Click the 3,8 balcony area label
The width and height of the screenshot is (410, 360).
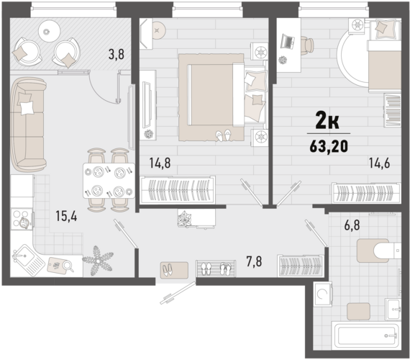(x=116, y=55)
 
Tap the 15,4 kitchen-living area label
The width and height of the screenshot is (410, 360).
(x=66, y=216)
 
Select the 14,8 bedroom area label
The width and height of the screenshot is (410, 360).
(x=160, y=163)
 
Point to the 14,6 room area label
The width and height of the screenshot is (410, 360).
(x=379, y=163)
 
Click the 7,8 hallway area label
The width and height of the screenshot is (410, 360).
(x=254, y=261)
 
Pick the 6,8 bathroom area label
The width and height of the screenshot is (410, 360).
(x=352, y=225)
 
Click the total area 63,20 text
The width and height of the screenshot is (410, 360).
(x=329, y=146)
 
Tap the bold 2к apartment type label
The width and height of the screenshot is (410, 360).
(x=327, y=120)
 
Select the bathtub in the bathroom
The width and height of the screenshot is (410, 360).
(x=365, y=336)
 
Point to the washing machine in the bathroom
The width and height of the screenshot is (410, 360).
(x=323, y=294)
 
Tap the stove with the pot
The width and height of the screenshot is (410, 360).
(x=22, y=219)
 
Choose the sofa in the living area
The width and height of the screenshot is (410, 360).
(x=28, y=125)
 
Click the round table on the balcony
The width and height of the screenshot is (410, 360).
(x=50, y=32)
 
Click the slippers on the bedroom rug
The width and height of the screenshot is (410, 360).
(x=223, y=135)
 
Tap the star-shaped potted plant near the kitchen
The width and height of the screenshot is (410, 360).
(x=98, y=261)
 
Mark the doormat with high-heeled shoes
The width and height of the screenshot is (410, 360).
(x=174, y=270)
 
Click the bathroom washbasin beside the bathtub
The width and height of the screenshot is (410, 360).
(x=393, y=309)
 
